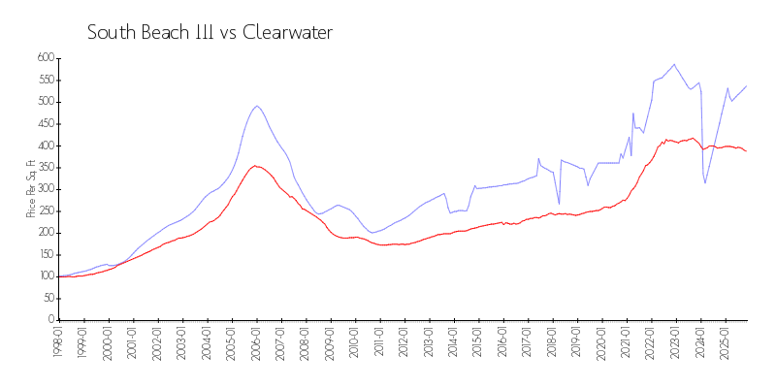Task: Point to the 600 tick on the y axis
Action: (45, 58)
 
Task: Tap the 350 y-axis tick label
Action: (45, 167)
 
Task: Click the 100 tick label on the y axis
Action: (45, 276)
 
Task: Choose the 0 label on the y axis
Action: (51, 320)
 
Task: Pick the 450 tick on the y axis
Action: (45, 123)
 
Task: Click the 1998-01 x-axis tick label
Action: (59, 341)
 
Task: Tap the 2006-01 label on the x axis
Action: (257, 341)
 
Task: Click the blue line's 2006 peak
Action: (257, 106)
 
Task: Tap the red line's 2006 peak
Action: (255, 166)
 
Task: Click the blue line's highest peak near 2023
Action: (674, 64)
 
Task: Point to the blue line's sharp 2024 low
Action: (705, 183)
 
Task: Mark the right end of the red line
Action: (746, 150)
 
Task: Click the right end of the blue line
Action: (746, 86)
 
